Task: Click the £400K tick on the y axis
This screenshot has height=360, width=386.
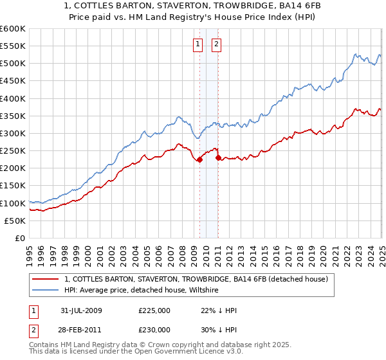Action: pyautogui.click(x=12, y=98)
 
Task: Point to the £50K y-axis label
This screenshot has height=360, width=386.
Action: pyautogui.click(x=15, y=221)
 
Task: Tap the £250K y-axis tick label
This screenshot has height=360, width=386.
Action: pyautogui.click(x=12, y=150)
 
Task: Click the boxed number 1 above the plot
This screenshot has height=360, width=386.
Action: pyautogui.click(x=197, y=44)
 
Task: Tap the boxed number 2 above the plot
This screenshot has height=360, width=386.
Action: pyautogui.click(x=216, y=44)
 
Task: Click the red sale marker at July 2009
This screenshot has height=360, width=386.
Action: pyautogui.click(x=199, y=160)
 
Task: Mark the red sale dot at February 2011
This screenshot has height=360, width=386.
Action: pyautogui.click(x=218, y=157)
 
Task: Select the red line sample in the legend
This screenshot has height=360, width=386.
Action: pyautogui.click(x=46, y=279)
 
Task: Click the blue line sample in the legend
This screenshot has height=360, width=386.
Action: pyautogui.click(x=46, y=290)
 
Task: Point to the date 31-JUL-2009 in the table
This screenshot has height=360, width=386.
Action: pyautogui.click(x=80, y=310)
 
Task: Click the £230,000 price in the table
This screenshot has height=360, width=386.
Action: pyautogui.click(x=154, y=329)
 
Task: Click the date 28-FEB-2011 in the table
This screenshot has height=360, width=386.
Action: pyautogui.click(x=80, y=329)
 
